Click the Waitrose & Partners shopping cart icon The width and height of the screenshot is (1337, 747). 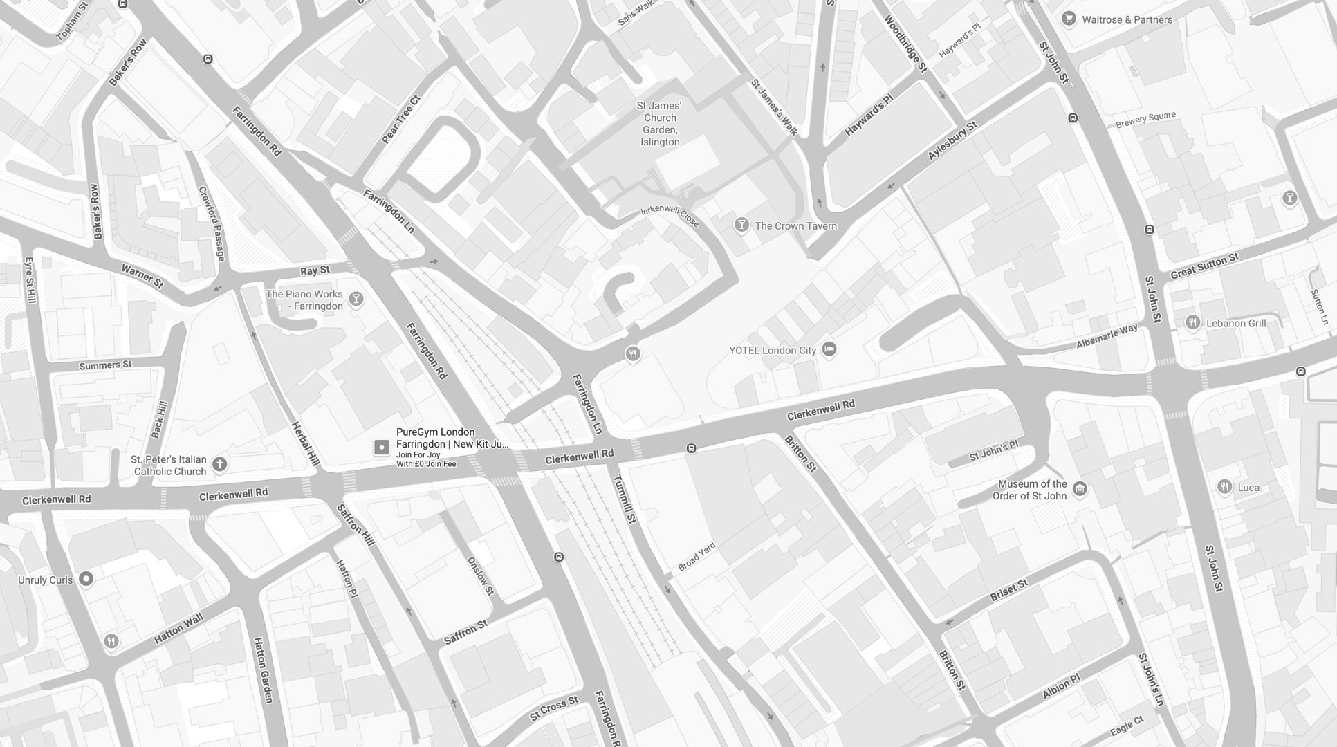point(1069,19)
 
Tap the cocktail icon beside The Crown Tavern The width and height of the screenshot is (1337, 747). point(741,225)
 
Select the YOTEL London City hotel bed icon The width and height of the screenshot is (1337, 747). point(829,350)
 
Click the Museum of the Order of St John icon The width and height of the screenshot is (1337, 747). point(1079,490)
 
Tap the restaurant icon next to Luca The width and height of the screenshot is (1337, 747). point(1224,487)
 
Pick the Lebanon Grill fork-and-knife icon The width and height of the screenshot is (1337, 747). point(1192,322)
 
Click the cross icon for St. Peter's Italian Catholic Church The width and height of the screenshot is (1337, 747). point(219,464)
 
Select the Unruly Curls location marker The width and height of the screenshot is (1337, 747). point(86,579)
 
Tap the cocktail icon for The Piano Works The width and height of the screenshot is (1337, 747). point(356,299)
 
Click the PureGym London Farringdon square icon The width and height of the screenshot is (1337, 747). point(381,448)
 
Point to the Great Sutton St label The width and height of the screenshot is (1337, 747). point(1204,266)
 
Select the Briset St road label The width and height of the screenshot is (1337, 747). point(1009,590)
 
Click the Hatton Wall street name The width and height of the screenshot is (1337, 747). point(178,629)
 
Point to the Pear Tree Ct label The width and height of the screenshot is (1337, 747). point(400,120)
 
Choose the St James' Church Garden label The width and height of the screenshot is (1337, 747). point(660,124)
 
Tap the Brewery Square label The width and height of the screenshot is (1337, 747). point(1145,120)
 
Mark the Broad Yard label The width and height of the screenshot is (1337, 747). point(697,557)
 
